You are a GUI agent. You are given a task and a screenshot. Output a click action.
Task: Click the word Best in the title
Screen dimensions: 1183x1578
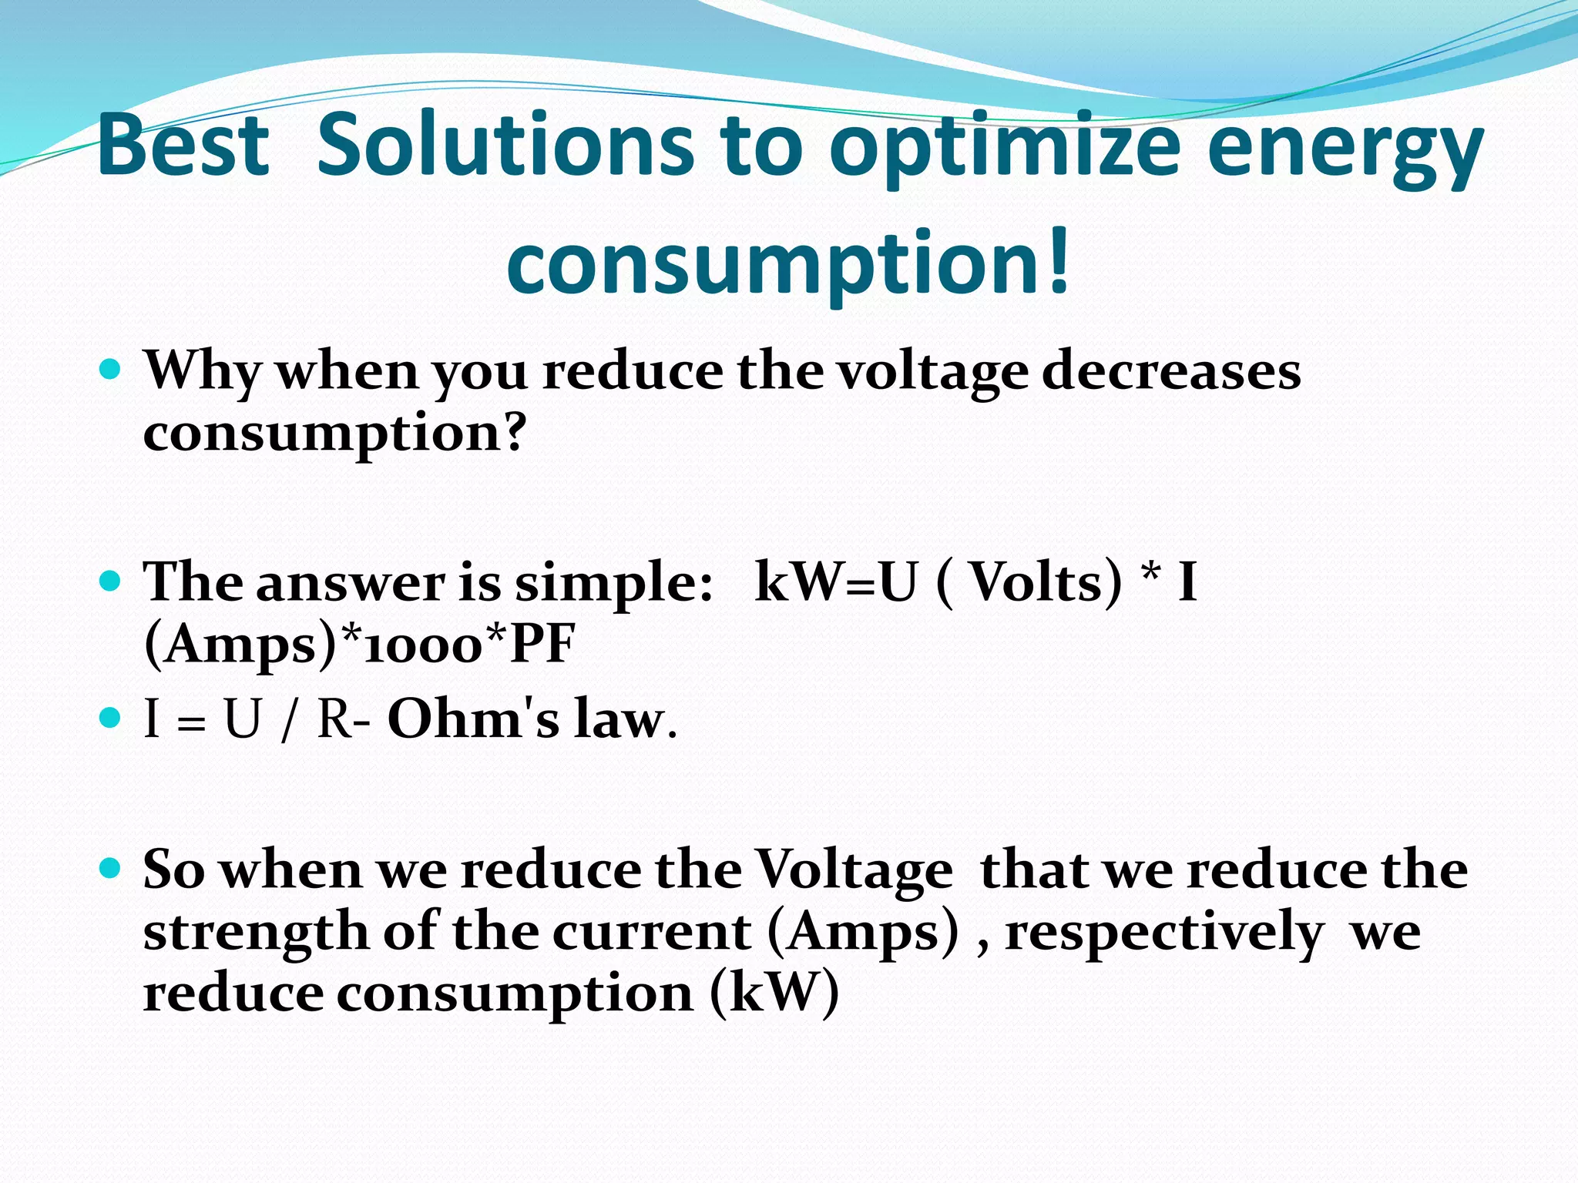click(183, 145)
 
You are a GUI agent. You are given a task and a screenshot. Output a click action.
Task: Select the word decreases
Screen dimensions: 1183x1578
click(1171, 372)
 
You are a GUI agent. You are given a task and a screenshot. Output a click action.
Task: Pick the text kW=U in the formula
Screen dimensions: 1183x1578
click(837, 581)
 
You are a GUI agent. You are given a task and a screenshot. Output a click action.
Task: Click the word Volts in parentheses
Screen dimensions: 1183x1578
click(1045, 581)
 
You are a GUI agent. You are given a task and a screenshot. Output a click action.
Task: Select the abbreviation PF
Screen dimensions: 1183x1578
click(542, 644)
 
